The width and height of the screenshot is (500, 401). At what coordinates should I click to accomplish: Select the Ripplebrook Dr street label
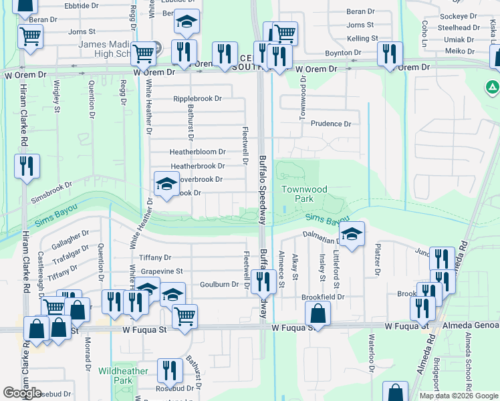tap(197, 99)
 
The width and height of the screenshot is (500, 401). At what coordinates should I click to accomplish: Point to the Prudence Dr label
tap(330, 124)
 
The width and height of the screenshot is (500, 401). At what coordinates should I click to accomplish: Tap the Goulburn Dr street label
tap(219, 284)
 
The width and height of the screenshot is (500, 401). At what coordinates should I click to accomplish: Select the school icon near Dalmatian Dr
tap(351, 233)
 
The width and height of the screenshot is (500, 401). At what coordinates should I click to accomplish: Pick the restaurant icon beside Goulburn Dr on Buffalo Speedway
tap(266, 281)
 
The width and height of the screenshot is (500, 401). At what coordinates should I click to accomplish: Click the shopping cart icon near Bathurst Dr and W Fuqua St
tap(184, 316)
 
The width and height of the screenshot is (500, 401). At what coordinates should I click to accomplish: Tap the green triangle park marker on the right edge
tap(492, 87)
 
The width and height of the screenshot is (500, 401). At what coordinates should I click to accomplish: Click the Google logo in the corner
tap(23, 393)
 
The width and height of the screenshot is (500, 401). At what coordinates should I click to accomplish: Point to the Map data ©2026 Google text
tap(459, 396)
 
